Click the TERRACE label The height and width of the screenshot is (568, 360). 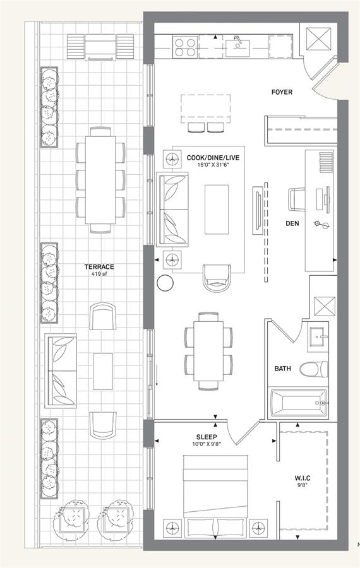(x=99, y=267)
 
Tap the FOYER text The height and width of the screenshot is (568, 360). (x=282, y=92)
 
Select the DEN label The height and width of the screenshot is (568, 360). (x=292, y=223)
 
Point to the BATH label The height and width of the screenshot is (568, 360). (x=282, y=369)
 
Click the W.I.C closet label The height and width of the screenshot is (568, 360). (x=302, y=478)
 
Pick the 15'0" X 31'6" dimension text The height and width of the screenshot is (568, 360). (x=213, y=165)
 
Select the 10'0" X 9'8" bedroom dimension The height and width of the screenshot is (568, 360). (x=207, y=444)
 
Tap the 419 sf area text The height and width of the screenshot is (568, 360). (x=99, y=274)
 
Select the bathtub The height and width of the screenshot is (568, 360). (x=299, y=403)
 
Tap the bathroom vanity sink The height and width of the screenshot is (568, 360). (x=318, y=338)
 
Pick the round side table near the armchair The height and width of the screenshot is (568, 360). (x=165, y=283)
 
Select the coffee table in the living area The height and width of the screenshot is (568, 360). (x=217, y=210)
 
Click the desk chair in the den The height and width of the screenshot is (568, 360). (x=297, y=199)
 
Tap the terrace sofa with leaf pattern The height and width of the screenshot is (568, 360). (x=61, y=370)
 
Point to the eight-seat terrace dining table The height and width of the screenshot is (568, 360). (x=100, y=180)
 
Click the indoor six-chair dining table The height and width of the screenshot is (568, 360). (x=208, y=351)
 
